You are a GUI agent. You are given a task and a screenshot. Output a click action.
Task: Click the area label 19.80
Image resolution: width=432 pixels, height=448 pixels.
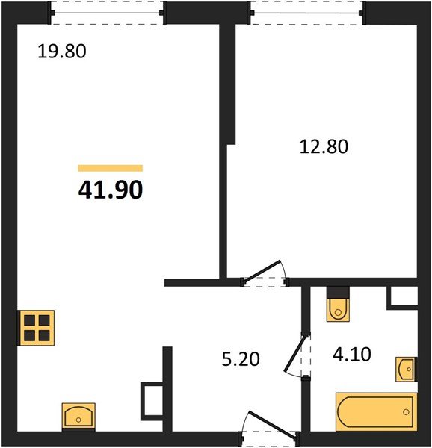(x=63, y=52)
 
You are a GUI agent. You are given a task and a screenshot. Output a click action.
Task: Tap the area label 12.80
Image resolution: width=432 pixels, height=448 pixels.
(x=324, y=147)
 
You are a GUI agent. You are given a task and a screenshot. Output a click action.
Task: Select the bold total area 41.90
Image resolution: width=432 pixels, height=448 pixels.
(x=110, y=190)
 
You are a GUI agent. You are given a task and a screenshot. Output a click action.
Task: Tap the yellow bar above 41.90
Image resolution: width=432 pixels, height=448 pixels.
(x=110, y=168)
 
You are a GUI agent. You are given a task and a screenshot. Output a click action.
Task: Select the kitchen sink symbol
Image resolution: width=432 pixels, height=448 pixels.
(x=78, y=415)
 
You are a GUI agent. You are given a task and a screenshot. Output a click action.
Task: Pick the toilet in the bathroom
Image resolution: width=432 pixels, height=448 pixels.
(x=338, y=305)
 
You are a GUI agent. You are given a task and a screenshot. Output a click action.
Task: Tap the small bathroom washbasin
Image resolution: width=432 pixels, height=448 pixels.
(x=406, y=368)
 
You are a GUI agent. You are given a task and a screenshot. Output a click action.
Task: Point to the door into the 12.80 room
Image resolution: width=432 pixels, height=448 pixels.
(x=265, y=276)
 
